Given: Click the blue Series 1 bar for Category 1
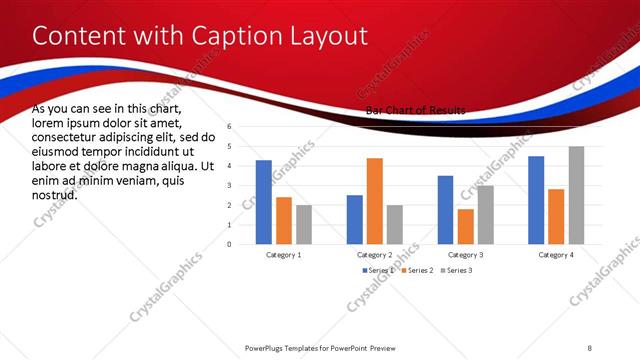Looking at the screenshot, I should [263, 202].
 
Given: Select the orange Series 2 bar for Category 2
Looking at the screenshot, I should [375, 201].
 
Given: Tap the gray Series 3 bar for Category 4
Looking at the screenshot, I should [576, 195].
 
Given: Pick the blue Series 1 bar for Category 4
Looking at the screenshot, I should [536, 200].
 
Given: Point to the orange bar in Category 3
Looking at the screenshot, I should [465, 226].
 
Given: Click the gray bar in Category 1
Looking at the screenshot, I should [303, 224].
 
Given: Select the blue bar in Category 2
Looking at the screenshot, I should [355, 219].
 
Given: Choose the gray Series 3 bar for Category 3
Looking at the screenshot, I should [485, 215].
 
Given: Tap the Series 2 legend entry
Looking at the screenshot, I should [415, 271].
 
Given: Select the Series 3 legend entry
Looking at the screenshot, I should [458, 271].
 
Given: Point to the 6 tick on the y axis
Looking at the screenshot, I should [229, 127].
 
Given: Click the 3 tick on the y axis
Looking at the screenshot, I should [229, 186].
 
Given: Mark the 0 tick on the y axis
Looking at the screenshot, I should [229, 244].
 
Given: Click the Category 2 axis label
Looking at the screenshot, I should [375, 254].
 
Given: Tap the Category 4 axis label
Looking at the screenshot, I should [556, 254].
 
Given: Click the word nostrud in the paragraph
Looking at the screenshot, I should [55, 196].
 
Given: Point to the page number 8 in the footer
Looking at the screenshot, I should [590, 347].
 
